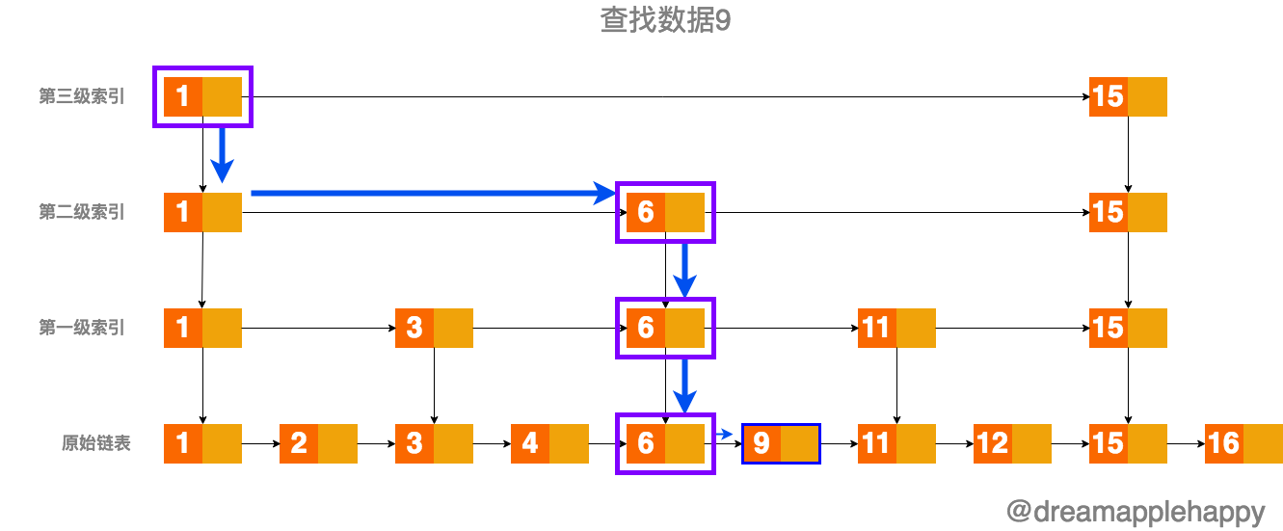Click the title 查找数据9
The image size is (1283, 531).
point(665,21)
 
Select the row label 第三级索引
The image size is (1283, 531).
point(82,96)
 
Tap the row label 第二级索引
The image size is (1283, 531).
point(82,212)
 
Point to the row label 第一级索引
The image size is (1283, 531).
point(82,328)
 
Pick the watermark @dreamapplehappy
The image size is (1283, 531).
point(1135,511)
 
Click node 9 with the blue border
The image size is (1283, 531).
point(780,443)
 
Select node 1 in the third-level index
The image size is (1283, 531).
point(202,96)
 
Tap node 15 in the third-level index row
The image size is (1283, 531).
point(1127,96)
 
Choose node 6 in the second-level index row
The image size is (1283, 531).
point(665,212)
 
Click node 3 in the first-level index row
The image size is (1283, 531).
point(434,328)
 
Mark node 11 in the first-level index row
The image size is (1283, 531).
point(896,328)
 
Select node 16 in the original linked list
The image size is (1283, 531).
point(1243,443)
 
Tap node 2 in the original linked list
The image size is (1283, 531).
point(318,443)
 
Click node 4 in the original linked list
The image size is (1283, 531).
point(549,443)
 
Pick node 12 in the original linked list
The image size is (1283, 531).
point(1011,443)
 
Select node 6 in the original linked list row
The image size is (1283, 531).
point(665,443)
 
